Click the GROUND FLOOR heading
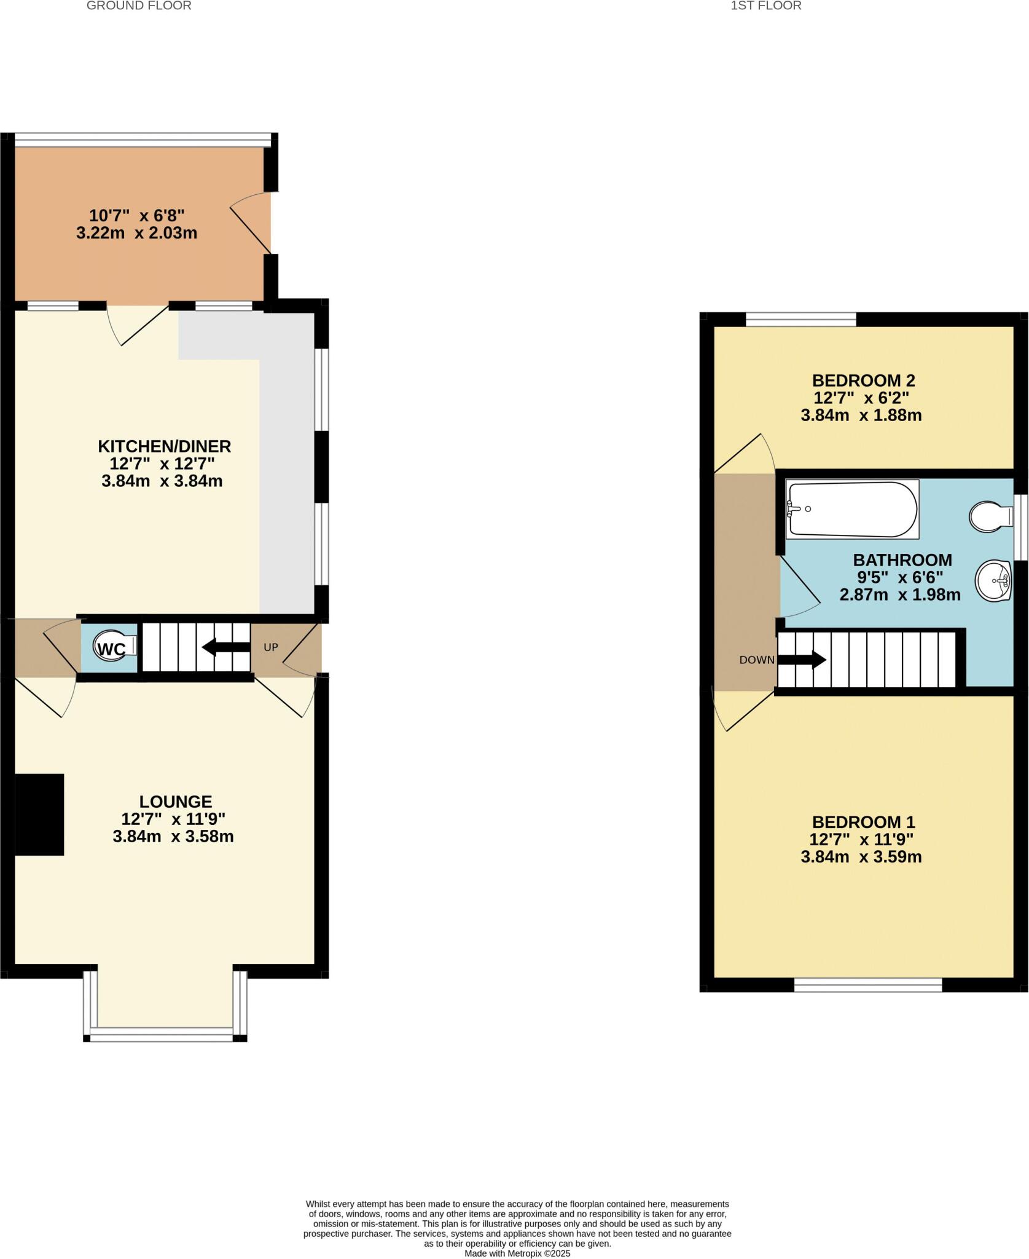[x=139, y=6]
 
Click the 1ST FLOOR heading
[x=766, y=6]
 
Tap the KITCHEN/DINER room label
[x=165, y=446]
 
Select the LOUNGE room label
[x=176, y=802]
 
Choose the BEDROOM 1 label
[x=863, y=822]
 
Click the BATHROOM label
[x=902, y=560]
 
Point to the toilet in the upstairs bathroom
[x=990, y=516]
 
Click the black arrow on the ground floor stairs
[x=225, y=647]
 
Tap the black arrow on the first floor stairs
[x=802, y=660]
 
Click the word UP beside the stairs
[x=271, y=647]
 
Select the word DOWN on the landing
[x=757, y=660]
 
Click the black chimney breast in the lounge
[x=39, y=815]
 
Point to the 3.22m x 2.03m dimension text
[x=136, y=234]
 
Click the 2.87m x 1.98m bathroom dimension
[x=900, y=595]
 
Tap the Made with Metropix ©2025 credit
[x=517, y=1253]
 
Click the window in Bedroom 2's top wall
[x=801, y=320]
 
